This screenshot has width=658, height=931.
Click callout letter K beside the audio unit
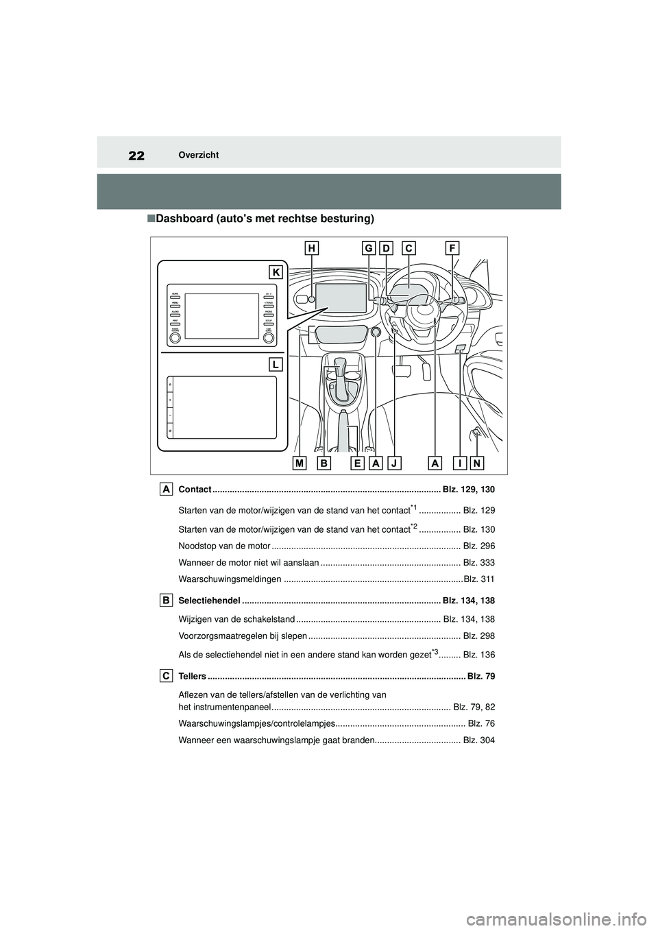click(x=275, y=272)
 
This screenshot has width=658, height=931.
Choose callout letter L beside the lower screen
click(x=275, y=364)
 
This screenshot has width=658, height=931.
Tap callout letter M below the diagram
click(x=300, y=463)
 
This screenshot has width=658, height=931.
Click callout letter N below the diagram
click(x=477, y=463)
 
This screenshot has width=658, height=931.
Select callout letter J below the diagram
click(x=394, y=463)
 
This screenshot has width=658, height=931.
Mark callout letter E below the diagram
click(x=357, y=463)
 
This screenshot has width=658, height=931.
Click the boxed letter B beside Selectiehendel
click(x=167, y=600)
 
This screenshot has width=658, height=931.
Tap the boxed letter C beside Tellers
click(x=167, y=676)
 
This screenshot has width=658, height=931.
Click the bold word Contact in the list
click(x=195, y=489)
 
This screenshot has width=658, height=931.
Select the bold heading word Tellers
click(x=191, y=677)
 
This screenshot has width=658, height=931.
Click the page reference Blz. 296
click(x=478, y=546)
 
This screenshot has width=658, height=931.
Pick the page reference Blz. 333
click(x=478, y=564)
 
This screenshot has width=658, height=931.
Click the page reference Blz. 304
click(x=478, y=740)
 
